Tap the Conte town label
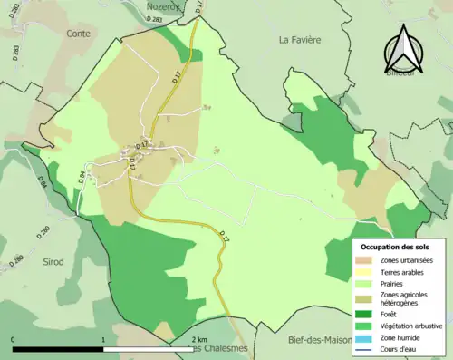click(79, 34)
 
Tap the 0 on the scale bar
click(14, 339)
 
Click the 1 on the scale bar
click(103, 339)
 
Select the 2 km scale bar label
click(200, 339)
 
